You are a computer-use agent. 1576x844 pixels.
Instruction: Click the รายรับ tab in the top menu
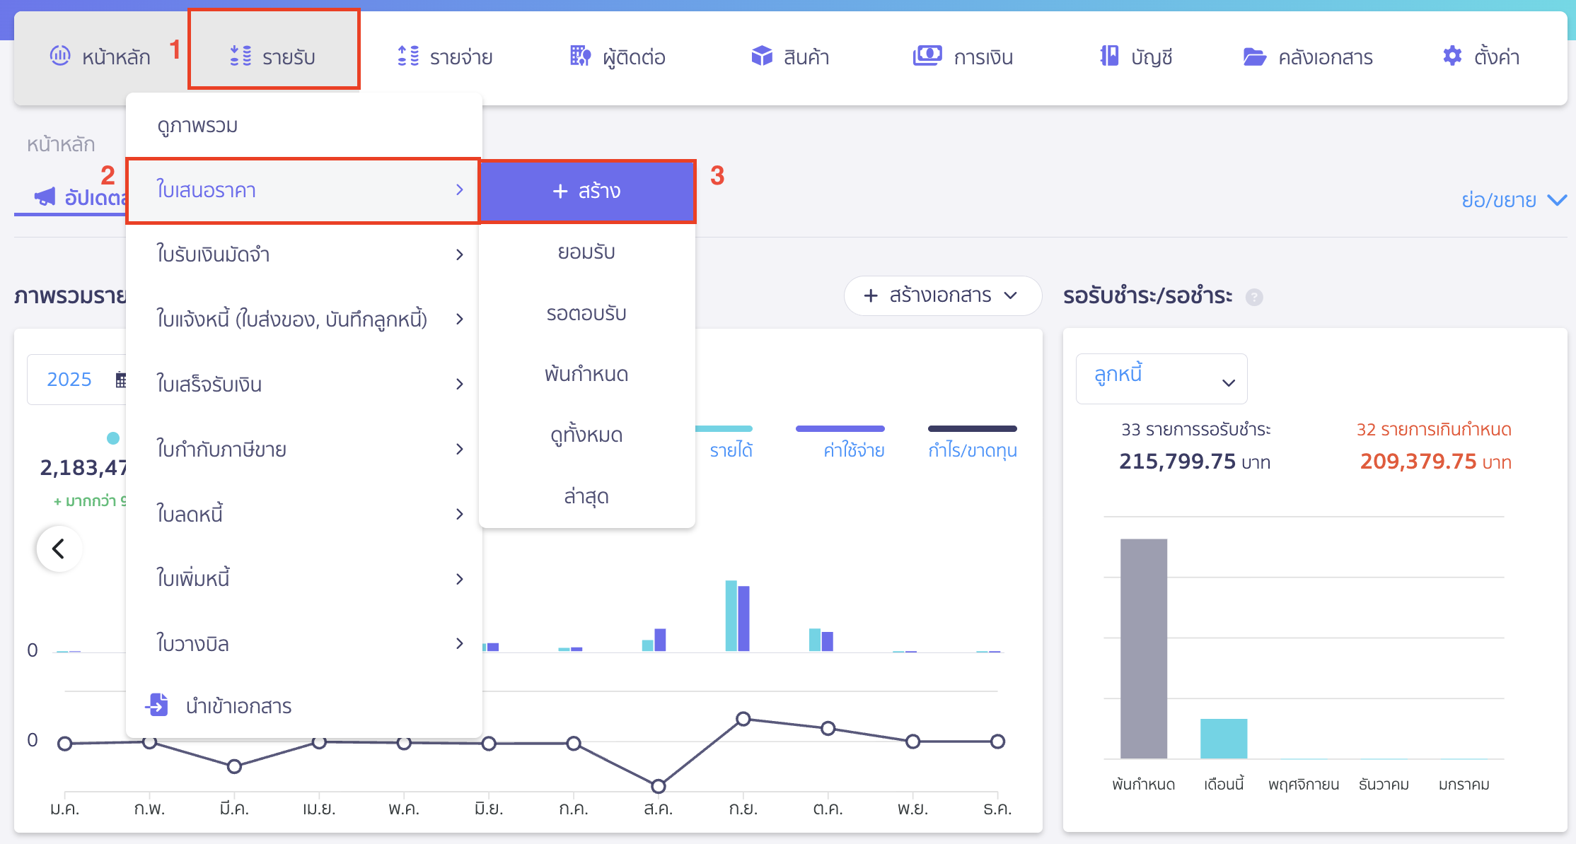[274, 57]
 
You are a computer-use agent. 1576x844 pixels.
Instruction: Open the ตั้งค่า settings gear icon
[1452, 56]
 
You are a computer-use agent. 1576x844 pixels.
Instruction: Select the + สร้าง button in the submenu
[586, 191]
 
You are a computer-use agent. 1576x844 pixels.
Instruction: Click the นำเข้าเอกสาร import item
[238, 705]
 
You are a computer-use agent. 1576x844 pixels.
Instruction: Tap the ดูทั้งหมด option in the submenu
[586, 435]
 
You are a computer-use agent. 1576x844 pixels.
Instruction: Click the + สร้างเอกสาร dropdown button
[941, 295]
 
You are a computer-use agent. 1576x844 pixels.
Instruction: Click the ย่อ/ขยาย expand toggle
[1513, 200]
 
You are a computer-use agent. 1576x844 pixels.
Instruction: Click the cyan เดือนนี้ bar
[1223, 738]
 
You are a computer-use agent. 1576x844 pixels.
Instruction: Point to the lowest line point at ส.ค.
[658, 786]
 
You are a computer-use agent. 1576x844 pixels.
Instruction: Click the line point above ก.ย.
[743, 719]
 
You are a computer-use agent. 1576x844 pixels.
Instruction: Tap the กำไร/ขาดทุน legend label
[972, 450]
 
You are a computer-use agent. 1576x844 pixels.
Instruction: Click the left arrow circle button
[59, 549]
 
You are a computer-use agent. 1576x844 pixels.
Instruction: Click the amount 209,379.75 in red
[1418, 462]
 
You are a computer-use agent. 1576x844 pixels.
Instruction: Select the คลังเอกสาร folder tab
[1308, 57]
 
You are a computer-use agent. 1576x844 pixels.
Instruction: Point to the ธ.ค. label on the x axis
[997, 809]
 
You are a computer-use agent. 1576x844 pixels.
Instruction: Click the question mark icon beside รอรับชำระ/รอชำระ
[1254, 297]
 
